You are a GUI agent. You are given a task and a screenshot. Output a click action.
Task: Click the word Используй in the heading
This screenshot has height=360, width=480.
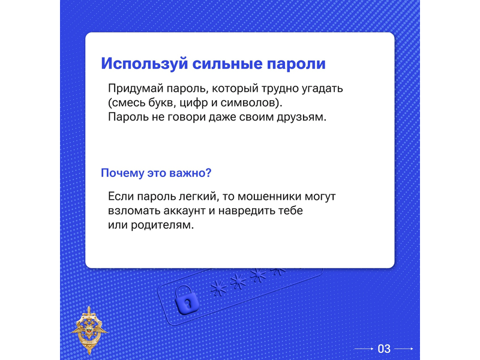[144, 64]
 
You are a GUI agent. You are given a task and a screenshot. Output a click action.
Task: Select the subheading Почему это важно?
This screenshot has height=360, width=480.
[156, 173]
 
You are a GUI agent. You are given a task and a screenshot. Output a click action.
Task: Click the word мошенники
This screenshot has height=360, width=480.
[269, 196]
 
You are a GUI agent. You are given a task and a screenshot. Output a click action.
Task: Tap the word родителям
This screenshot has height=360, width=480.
[162, 226]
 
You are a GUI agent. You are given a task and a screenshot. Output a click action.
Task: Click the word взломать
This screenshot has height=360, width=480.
[134, 211]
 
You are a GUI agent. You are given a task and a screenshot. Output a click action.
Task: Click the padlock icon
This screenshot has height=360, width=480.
[187, 300]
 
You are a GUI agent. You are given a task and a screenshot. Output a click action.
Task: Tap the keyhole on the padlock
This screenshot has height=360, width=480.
[188, 304]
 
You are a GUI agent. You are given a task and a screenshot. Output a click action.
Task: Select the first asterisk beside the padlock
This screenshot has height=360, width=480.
[218, 289]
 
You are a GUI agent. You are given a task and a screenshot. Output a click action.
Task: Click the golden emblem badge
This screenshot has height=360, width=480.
[89, 330]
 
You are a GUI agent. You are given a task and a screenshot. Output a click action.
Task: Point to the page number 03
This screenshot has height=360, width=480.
[384, 349]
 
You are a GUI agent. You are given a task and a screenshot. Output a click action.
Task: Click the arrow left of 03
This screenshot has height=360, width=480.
[364, 349]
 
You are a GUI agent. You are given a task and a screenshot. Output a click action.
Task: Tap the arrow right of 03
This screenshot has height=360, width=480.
[404, 349]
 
